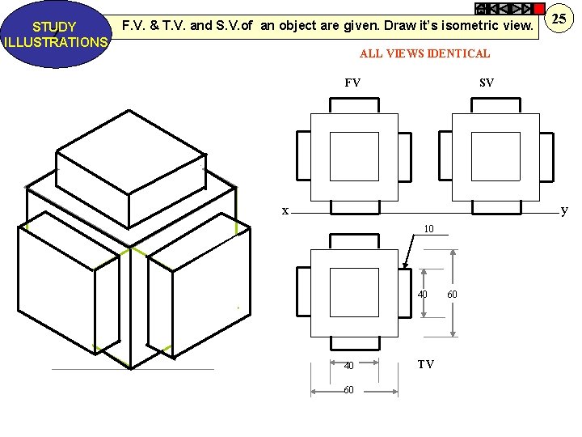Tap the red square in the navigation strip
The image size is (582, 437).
539,8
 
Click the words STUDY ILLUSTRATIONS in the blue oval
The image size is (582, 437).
54,35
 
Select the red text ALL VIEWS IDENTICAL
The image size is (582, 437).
424,53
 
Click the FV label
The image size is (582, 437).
352,83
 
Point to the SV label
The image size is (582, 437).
486,83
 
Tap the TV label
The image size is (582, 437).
425,364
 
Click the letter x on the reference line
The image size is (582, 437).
285,211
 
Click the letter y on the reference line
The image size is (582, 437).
564,210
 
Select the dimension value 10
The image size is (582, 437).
429,229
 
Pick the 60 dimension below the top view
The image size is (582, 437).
348,390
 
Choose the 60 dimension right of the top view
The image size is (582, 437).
452,294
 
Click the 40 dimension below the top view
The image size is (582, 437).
348,365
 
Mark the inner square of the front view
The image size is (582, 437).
354,156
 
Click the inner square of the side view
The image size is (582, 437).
496,156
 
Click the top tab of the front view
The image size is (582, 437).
354,105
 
